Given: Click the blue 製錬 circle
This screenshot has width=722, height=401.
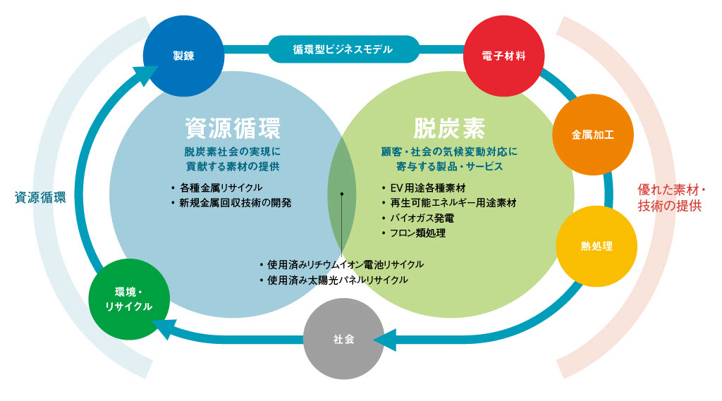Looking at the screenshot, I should [183, 56].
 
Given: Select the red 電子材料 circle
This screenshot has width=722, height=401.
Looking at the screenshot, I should [504, 56].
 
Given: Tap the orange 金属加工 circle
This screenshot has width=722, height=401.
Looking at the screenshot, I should [593, 134].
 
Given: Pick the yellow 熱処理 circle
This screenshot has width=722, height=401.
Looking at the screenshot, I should [596, 246].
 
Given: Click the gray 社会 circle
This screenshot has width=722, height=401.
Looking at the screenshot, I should [343, 339].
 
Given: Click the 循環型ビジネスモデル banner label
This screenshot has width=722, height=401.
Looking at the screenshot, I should [343, 50].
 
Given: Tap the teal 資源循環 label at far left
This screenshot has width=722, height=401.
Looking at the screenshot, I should [40, 197].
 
